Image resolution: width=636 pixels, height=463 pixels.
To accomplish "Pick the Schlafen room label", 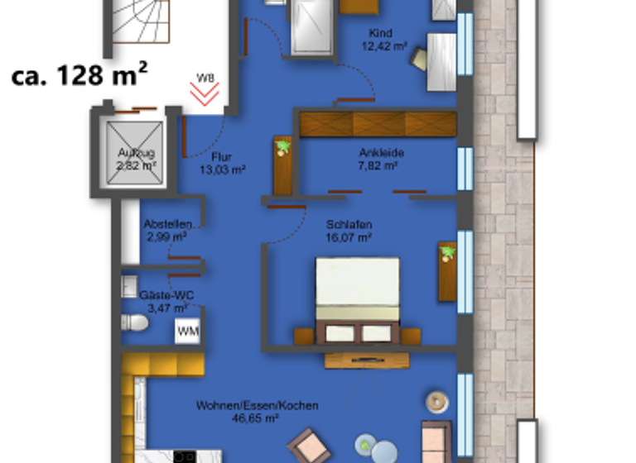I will (349, 224).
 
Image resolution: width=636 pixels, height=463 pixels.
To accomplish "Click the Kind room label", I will (382, 33).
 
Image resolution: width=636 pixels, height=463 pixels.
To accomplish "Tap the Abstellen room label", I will (168, 224).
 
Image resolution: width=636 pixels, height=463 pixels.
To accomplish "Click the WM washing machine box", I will (187, 332).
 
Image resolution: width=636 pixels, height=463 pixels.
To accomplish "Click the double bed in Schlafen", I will (357, 302).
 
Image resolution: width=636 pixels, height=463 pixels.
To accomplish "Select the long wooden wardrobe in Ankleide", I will (378, 123).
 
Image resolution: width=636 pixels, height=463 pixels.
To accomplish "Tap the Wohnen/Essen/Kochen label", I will (258, 406).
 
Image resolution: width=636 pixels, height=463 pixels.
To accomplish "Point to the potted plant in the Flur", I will (283, 148).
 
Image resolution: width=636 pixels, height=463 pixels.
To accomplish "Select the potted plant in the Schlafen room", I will (448, 253).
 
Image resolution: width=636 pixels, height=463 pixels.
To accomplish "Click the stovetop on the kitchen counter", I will (185, 456).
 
